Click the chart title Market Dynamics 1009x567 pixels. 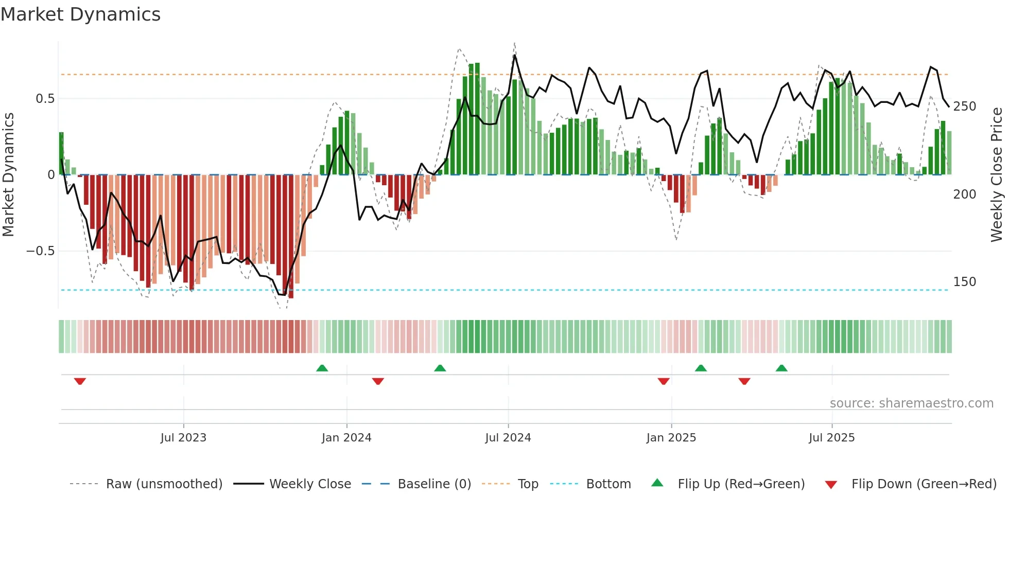coord(80,14)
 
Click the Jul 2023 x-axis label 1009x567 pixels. coord(183,438)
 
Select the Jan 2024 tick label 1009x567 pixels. coord(346,438)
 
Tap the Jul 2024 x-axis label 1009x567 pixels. coord(508,438)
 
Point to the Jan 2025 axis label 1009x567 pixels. coord(671,438)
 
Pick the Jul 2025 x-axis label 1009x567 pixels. coord(831,438)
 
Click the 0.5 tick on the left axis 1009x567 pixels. coord(45,99)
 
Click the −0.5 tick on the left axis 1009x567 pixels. coord(41,251)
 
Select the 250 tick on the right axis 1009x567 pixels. coord(964,107)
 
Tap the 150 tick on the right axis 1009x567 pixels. coord(964,282)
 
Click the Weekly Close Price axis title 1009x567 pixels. coord(997,175)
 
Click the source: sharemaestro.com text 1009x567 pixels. coord(911,403)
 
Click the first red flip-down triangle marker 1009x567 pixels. coord(80,381)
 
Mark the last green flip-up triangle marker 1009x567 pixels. coord(781,368)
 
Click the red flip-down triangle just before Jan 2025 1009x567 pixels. coord(664,381)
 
